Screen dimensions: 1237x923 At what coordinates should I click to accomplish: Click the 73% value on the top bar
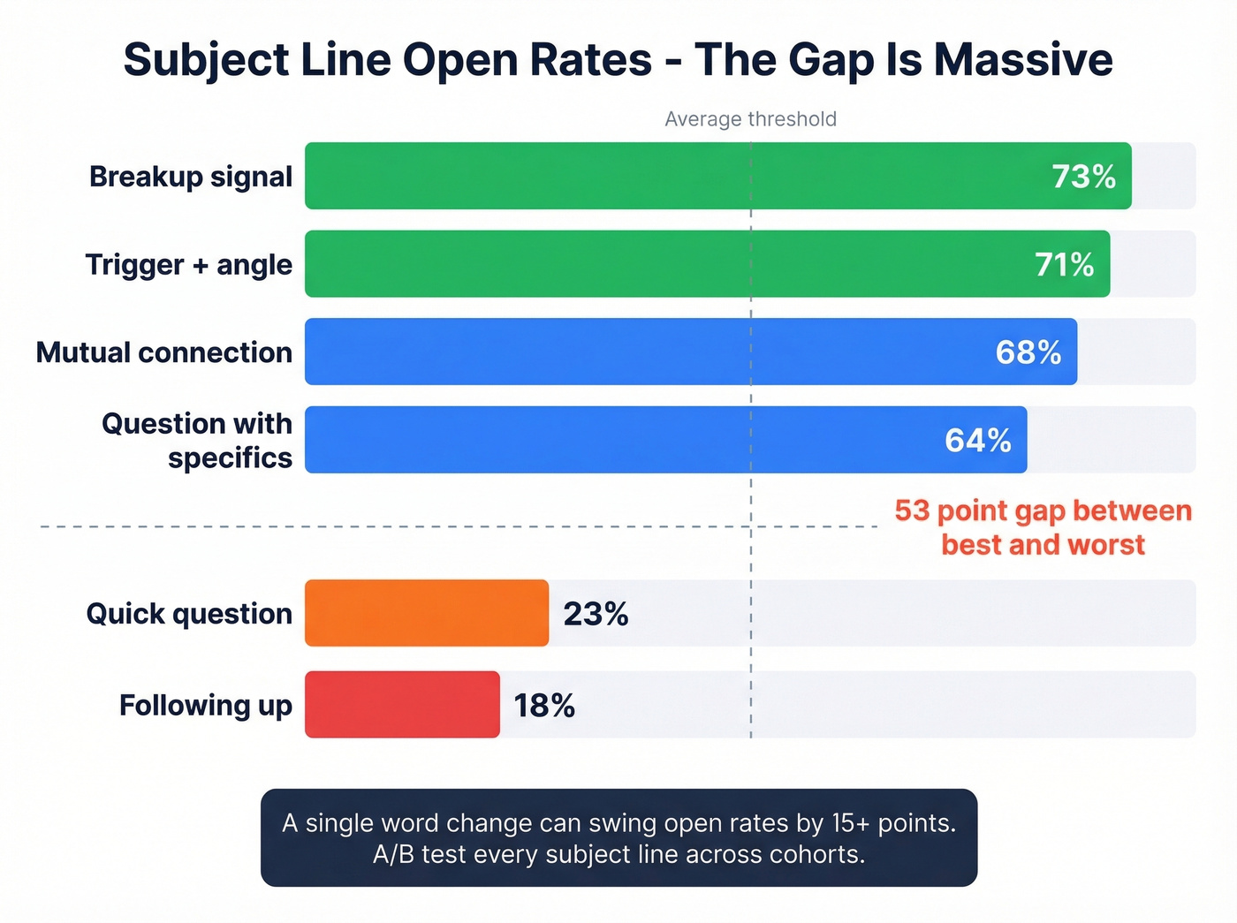[x=1083, y=177]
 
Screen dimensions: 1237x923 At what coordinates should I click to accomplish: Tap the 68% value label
[x=1028, y=352]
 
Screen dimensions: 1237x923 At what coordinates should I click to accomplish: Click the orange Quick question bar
[x=426, y=613]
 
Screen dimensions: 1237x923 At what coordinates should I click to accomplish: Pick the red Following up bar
[x=402, y=705]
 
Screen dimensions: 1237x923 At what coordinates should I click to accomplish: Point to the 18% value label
[x=544, y=706]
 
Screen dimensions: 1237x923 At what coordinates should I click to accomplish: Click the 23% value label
[x=596, y=614]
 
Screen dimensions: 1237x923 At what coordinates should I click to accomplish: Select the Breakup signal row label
[x=190, y=177]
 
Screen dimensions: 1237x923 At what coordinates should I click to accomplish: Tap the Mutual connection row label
[x=164, y=352]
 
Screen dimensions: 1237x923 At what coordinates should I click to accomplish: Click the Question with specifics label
[x=197, y=440]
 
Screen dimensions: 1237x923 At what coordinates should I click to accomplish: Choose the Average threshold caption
[x=750, y=119]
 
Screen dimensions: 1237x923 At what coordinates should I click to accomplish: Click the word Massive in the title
[x=1023, y=60]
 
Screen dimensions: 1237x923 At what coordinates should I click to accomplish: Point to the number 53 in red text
[x=912, y=511]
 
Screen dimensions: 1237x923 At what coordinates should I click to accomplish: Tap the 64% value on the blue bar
[x=977, y=440]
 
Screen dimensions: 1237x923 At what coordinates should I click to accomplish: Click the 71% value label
[x=1064, y=265]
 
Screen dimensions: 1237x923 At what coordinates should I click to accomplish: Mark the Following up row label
[x=205, y=705]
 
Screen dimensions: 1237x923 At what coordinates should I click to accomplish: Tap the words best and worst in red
[x=1043, y=544]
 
